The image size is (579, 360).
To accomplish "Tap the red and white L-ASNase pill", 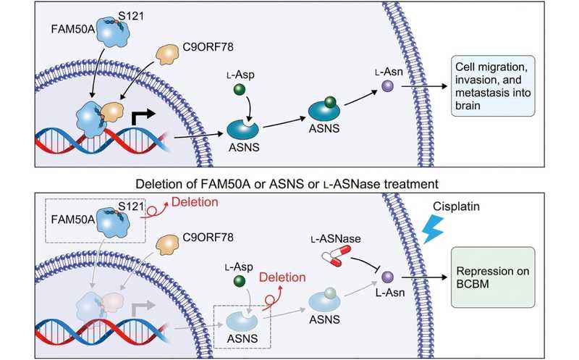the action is pos(336,256).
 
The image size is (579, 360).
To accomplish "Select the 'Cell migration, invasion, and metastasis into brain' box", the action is pos(493,86).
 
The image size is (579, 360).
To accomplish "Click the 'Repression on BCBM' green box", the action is pos(493,277).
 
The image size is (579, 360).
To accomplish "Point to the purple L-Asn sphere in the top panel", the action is pos(387,86).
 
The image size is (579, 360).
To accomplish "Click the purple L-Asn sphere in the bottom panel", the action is pos(387,277).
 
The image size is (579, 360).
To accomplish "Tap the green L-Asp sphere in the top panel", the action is pos(240,89).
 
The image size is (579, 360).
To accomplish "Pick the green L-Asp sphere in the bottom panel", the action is pos(240,281).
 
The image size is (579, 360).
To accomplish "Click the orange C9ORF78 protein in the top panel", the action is pos(167,55).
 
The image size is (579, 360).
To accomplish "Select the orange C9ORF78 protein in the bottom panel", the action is pos(167,246).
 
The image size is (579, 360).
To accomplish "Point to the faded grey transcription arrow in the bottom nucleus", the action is pos(142,308).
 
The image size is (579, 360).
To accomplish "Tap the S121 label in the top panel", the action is pos(131,16).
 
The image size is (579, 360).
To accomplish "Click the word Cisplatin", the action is pos(456,206).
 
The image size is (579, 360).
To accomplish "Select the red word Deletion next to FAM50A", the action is pos(195,202).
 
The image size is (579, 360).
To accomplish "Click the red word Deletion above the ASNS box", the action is pos(282,277).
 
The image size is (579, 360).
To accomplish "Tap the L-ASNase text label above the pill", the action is pos(336,239).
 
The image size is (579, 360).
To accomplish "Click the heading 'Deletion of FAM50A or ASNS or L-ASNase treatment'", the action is pos(287,184).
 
